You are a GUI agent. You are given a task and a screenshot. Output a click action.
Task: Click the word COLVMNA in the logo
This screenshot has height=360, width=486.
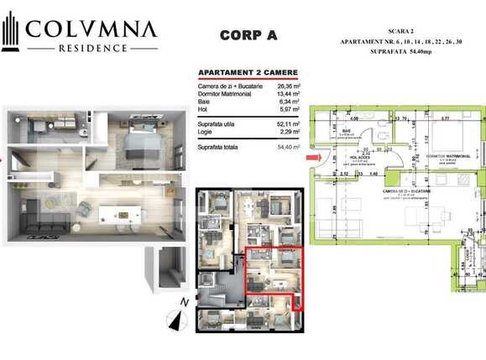point(91,29)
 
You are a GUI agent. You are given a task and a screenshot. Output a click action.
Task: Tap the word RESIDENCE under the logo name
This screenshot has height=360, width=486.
point(92,49)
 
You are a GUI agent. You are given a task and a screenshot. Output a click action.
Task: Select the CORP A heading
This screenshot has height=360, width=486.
point(248,35)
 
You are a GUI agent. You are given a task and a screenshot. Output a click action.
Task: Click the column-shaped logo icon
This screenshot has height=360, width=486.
point(11,34)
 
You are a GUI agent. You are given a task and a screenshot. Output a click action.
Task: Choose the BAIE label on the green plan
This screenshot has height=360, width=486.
point(346,131)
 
